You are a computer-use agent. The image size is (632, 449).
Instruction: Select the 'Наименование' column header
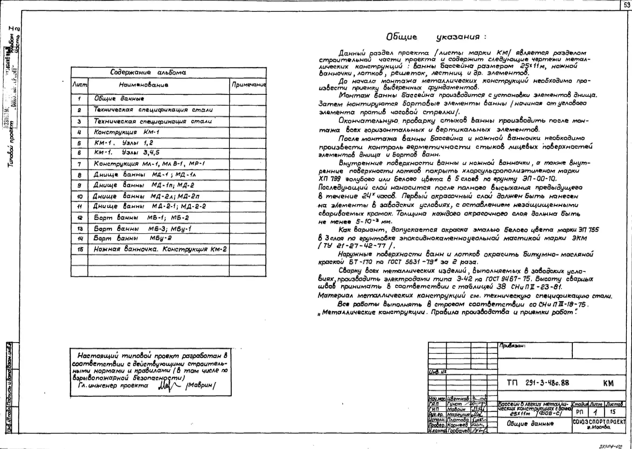(144, 85)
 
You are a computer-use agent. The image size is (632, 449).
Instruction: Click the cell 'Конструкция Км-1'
(127, 132)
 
